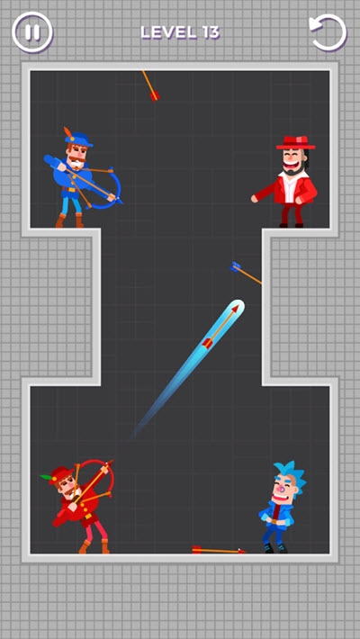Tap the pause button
pyautogui.click(x=32, y=32)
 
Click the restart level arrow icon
pyautogui.click(x=328, y=32)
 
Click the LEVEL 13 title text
pyautogui.click(x=180, y=32)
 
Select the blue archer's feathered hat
pyautogui.click(x=77, y=138)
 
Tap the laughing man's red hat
pyautogui.click(x=295, y=142)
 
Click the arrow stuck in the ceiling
pyautogui.click(x=150, y=86)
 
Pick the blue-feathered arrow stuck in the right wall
pyautogui.click(x=246, y=273)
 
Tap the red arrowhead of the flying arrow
pyautogui.click(x=234, y=308)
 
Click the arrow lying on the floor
pyautogui.click(x=219, y=550)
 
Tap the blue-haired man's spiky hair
pyautogui.click(x=289, y=473)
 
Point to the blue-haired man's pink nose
pyautogui.click(x=280, y=488)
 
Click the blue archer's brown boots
pyautogui.click(x=69, y=220)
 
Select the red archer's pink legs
pyautogui.click(x=95, y=531)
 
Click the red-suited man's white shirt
pyautogui.click(x=291, y=186)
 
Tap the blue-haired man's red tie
pyautogui.click(x=277, y=513)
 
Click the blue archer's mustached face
pyautogui.click(x=77, y=156)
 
